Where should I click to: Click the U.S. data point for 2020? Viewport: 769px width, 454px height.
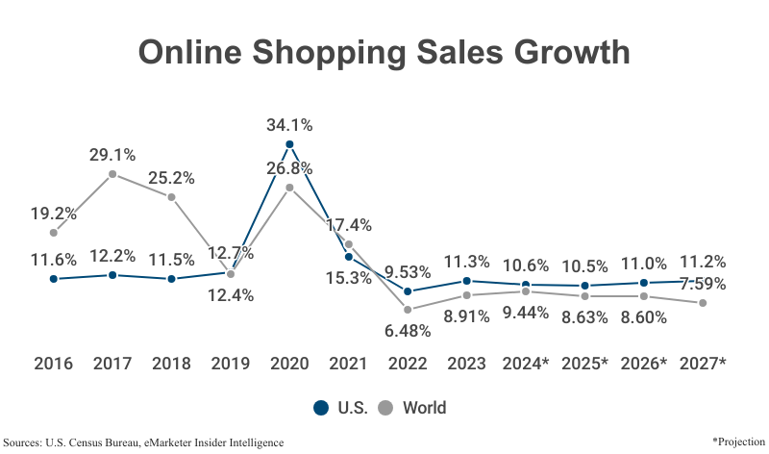point(289,144)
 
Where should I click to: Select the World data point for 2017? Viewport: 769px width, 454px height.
point(112,174)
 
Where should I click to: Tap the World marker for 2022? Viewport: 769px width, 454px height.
point(408,310)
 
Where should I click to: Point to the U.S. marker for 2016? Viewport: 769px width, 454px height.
point(54,279)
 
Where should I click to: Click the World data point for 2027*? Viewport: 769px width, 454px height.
point(703,303)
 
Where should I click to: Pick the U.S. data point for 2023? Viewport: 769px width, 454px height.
point(466,281)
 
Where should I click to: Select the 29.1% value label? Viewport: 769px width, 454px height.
point(112,154)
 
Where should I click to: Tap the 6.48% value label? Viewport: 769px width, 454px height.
point(408,330)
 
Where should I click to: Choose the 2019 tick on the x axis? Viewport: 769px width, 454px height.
point(231,364)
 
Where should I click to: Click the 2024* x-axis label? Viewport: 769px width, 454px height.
point(526,364)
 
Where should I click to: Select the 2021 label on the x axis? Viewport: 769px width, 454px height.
point(348,364)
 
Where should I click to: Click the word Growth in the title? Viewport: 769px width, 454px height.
point(560,52)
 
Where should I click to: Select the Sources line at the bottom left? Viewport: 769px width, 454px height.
point(144,441)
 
